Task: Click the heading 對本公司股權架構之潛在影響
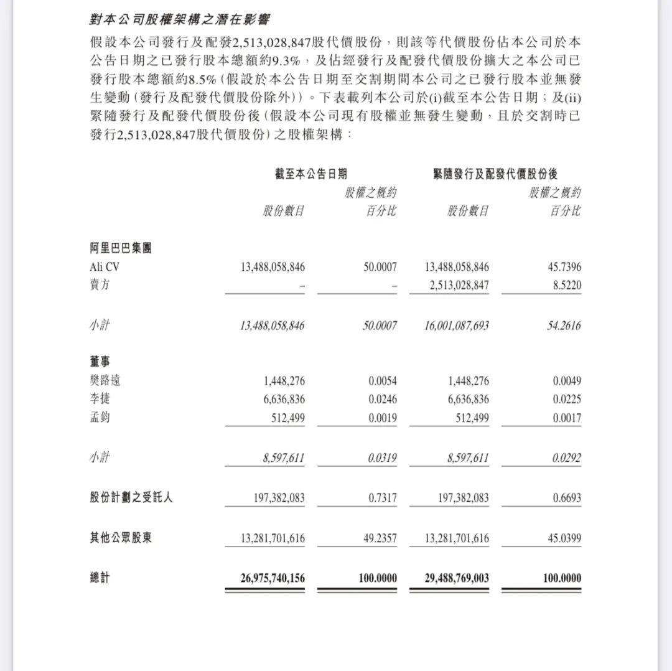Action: click(180, 19)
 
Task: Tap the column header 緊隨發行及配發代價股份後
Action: click(495, 174)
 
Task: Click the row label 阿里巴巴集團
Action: click(121, 248)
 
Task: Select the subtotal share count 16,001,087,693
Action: click(457, 325)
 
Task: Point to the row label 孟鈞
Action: click(100, 418)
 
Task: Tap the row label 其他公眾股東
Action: click(121, 538)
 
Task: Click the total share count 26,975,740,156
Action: click(273, 578)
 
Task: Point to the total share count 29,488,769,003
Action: click(457, 578)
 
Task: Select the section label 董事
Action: click(100, 362)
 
